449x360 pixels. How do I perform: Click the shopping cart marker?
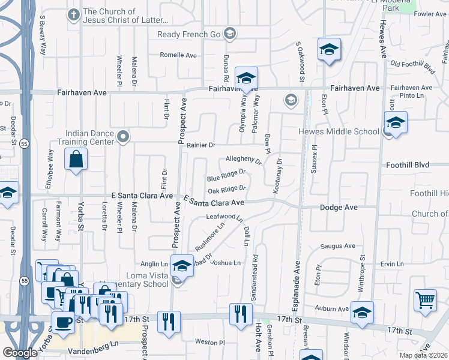[425, 300]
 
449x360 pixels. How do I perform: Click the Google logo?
[20, 353]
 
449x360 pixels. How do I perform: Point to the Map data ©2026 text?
[423, 355]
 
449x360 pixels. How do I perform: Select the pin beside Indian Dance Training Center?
[124, 137]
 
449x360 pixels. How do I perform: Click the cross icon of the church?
[73, 14]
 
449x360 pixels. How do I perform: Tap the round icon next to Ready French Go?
[229, 34]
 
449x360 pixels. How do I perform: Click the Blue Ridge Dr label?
[226, 175]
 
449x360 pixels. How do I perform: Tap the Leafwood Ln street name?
[223, 217]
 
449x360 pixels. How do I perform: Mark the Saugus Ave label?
[338, 246]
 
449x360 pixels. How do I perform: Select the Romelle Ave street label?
[178, 55]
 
